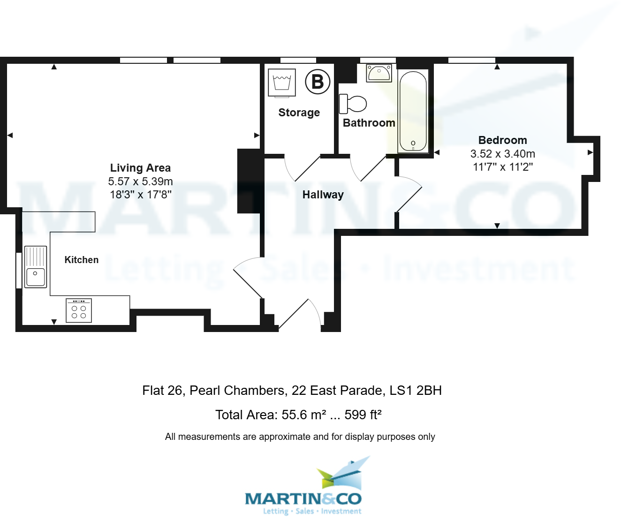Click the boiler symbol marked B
[x=318, y=82]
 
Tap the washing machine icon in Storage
[x=282, y=83]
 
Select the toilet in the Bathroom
[x=353, y=104]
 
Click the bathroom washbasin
[x=379, y=73]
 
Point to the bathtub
[x=413, y=112]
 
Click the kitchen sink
[x=36, y=267]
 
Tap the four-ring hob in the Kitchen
[x=79, y=310]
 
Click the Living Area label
[x=140, y=168]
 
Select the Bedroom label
[x=502, y=140]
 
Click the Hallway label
[x=323, y=195]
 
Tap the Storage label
[x=299, y=113]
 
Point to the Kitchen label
[x=82, y=260]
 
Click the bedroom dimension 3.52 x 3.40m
[x=502, y=154]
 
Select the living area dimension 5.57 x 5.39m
[x=140, y=181]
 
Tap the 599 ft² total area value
[x=363, y=415]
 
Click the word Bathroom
[x=369, y=123]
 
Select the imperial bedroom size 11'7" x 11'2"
[x=502, y=167]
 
